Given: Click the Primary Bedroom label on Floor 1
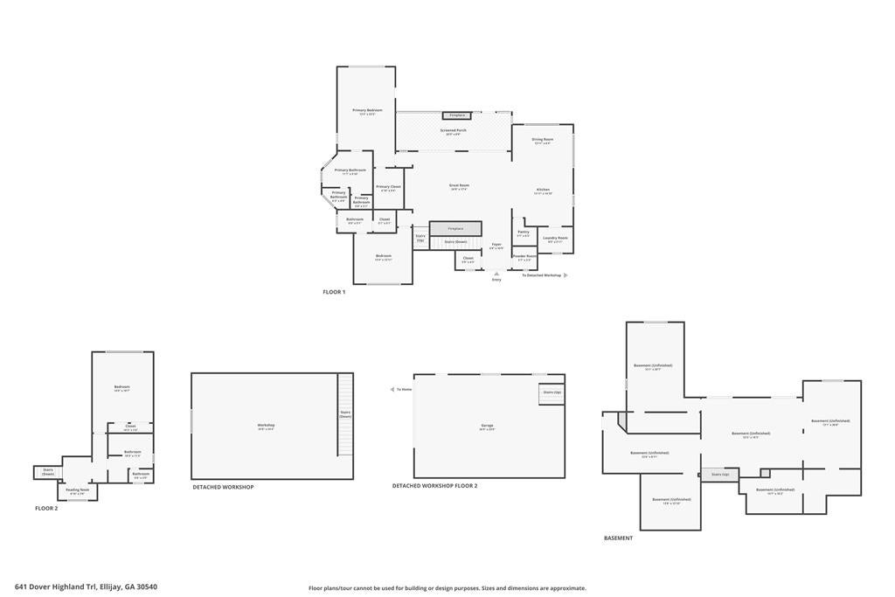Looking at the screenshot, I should point(367,111).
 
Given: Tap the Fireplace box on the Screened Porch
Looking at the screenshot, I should point(456,115).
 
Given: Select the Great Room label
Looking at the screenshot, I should point(460,186).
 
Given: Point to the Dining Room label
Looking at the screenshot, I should point(543,140).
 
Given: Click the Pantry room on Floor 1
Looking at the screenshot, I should point(524,233).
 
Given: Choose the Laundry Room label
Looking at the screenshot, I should point(555,239).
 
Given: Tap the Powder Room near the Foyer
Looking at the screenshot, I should point(524,259).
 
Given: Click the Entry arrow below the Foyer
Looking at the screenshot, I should point(496,274).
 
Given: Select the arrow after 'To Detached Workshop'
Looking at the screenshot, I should point(565,275).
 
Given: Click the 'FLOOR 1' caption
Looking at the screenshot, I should point(334,292).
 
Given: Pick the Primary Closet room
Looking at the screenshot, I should point(389,187).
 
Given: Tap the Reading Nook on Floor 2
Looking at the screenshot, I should point(78,491).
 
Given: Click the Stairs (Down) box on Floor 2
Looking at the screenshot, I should point(47,472).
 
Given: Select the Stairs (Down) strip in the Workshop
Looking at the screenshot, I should point(345,413).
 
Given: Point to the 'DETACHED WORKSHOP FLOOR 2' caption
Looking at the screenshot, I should point(434,486).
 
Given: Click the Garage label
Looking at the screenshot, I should point(487,427).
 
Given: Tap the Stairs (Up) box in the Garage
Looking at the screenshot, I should point(552,394).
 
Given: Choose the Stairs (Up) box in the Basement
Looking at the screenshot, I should point(720,475).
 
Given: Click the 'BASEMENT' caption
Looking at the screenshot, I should point(618,538).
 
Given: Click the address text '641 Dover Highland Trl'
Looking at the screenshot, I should point(56,587).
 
